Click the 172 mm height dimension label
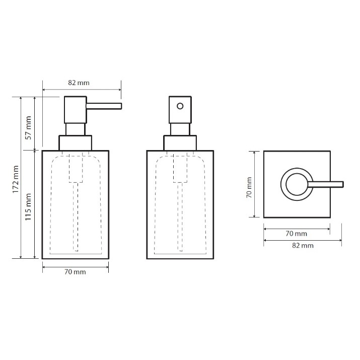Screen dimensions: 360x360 pos(16,179)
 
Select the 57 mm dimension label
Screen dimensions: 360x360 pos(29,128)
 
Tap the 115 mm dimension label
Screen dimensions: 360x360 pos(28,207)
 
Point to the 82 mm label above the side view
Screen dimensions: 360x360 pos(79,83)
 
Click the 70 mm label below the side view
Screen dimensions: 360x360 pos(75,272)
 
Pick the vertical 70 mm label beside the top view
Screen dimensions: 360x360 pos(249,187)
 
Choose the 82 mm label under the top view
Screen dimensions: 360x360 pos(303,245)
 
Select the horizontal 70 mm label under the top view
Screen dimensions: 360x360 pos(296,234)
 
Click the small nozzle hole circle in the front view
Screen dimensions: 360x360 pos(180,106)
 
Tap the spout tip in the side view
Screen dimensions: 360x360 pos(121,106)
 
